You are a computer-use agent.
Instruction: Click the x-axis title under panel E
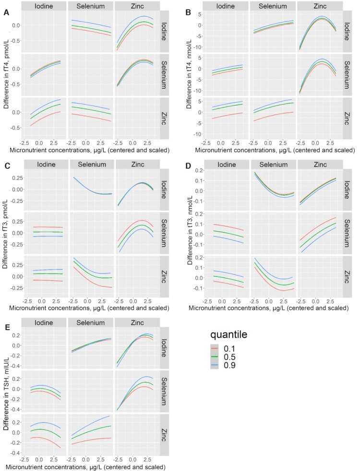[x=85, y=467]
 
